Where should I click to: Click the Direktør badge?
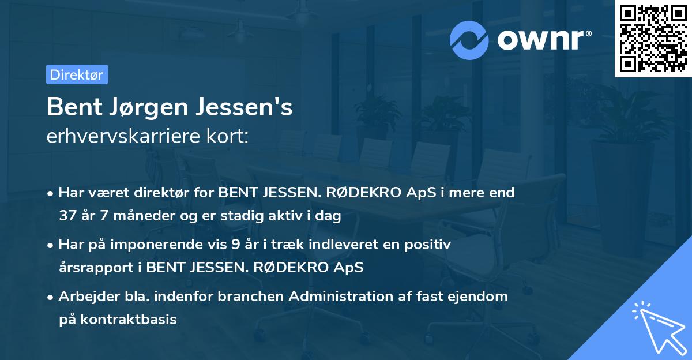point(77,74)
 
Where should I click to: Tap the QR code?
point(653,39)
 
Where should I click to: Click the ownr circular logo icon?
point(470,39)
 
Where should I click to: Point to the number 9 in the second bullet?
point(235,245)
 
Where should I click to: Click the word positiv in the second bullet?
point(430,245)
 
